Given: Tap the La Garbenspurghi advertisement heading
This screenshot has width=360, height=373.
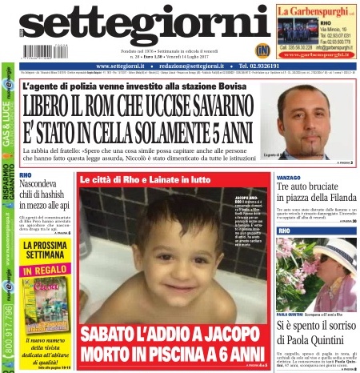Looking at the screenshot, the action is [316, 10].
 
